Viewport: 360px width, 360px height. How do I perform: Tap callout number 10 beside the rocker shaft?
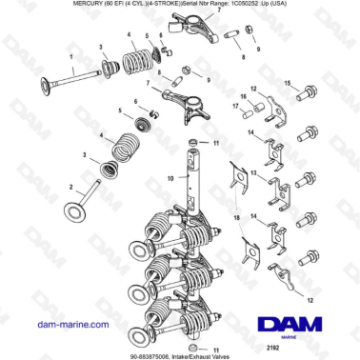pyautogui.click(x=170, y=178)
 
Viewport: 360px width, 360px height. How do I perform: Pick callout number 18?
pyautogui.click(x=237, y=218)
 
